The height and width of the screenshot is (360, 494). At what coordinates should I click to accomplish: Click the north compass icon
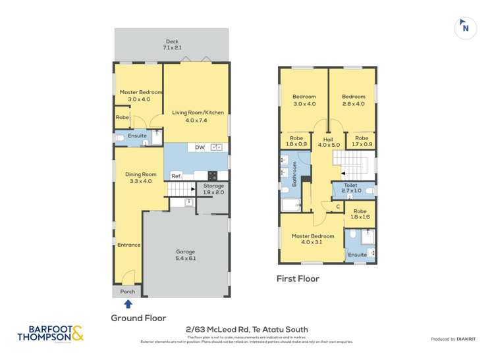coord(465,28)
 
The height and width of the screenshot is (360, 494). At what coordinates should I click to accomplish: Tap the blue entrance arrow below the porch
coord(128,303)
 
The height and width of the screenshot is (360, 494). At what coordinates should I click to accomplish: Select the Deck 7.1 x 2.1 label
coord(171,45)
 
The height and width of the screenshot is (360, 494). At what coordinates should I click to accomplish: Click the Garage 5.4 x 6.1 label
coord(186,255)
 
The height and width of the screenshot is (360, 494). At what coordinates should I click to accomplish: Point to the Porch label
coord(128,292)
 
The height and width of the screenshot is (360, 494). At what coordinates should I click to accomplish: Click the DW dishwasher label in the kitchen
coord(199,147)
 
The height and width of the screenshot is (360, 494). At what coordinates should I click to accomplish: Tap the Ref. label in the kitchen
coord(176,176)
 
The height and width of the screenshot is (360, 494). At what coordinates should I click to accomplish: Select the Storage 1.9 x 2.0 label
coord(213,189)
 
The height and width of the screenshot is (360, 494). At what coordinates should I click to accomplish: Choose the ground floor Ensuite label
coord(137,136)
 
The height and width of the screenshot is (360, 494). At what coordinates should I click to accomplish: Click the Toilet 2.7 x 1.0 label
coord(351,189)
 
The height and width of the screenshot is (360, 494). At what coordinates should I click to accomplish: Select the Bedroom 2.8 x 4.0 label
coord(353,100)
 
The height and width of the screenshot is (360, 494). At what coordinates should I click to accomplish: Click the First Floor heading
coord(298,279)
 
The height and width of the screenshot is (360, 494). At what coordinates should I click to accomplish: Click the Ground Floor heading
coord(138,318)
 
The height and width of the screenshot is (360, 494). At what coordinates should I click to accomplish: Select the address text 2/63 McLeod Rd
coord(247,330)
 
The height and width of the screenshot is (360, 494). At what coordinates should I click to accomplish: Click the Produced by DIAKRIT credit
coord(454,339)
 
